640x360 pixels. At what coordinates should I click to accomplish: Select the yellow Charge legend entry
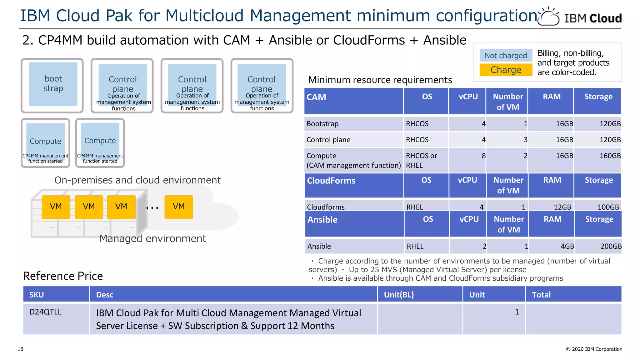[506, 70]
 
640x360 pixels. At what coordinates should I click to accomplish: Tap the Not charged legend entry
[506, 56]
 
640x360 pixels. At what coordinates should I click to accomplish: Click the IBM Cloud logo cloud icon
[548, 17]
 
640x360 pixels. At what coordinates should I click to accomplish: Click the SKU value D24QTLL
[45, 312]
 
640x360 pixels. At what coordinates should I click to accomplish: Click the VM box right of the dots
[179, 207]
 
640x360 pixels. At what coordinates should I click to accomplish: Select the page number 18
[21, 349]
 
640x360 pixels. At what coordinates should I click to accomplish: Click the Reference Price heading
[63, 276]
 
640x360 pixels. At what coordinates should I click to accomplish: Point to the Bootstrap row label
[322, 124]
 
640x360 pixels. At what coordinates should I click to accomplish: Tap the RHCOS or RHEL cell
[421, 160]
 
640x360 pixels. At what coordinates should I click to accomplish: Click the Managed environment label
[153, 238]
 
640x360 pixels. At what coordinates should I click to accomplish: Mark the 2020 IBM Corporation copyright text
[594, 349]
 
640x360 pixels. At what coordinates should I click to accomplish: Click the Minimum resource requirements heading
[380, 80]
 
